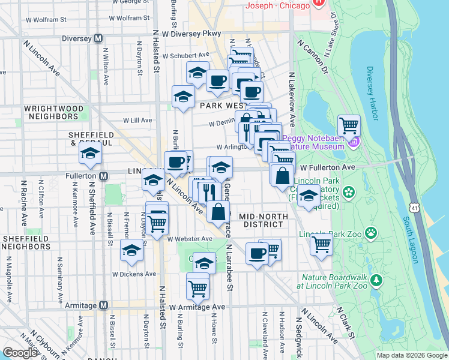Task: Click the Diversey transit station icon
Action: [x=101, y=38]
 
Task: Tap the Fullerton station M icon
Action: [x=103, y=176]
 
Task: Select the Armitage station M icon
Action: [x=103, y=305]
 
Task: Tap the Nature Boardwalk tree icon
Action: [x=376, y=280]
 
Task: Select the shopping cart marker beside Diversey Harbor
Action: [x=349, y=126]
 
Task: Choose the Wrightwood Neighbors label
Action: [x=53, y=112]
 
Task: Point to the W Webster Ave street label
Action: [x=190, y=239]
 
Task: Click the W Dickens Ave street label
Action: [x=134, y=274]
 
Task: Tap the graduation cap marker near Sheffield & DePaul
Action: [x=91, y=154]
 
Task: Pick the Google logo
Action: [x=20, y=352]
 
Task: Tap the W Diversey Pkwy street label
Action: [x=191, y=34]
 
